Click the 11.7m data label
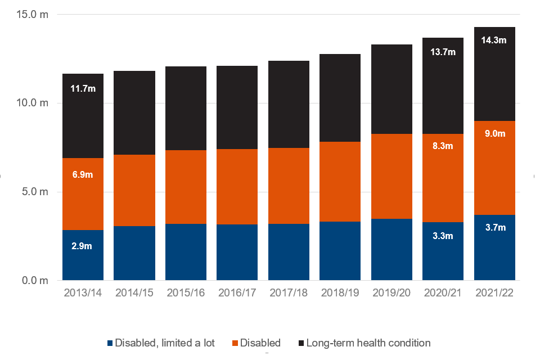(x=83, y=88)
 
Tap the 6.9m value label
(x=83, y=175)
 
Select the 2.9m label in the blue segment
(x=82, y=246)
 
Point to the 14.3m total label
(x=494, y=40)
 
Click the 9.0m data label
(x=495, y=134)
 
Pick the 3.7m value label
(x=496, y=227)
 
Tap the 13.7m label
(x=443, y=52)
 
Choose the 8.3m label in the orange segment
(x=443, y=146)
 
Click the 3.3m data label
(x=443, y=236)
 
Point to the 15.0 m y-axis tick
(x=33, y=15)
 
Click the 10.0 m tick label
(x=33, y=103)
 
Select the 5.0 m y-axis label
(x=35, y=192)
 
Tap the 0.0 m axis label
(x=35, y=281)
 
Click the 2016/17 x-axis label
(x=237, y=293)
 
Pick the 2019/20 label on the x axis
(x=391, y=293)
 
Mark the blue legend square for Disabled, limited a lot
(x=110, y=343)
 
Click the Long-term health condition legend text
(x=368, y=343)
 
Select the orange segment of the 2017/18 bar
(x=289, y=186)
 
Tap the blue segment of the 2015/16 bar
(x=186, y=252)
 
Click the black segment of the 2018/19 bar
(x=340, y=98)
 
